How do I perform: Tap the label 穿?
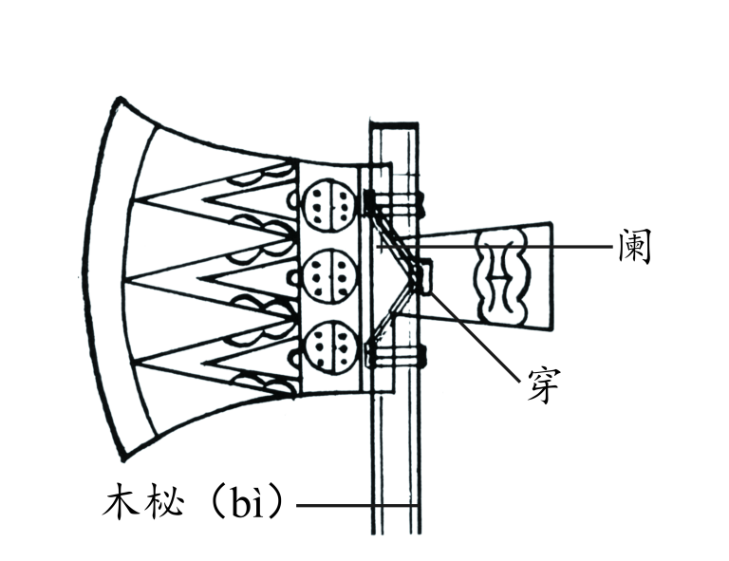545,383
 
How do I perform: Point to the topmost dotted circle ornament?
327,201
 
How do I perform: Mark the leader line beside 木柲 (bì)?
351,505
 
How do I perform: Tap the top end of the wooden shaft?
394,125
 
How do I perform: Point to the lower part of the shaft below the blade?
394,456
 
